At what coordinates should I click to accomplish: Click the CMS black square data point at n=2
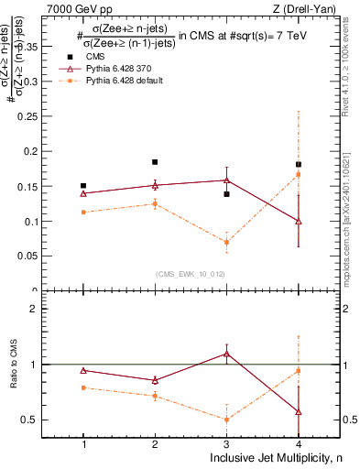(x=155, y=162)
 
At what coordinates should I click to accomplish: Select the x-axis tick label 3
(x=226, y=443)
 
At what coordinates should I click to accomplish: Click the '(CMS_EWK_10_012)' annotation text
(x=190, y=274)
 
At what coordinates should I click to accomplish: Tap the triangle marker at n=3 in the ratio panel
(x=226, y=354)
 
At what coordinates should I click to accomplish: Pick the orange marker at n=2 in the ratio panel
(x=155, y=396)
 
